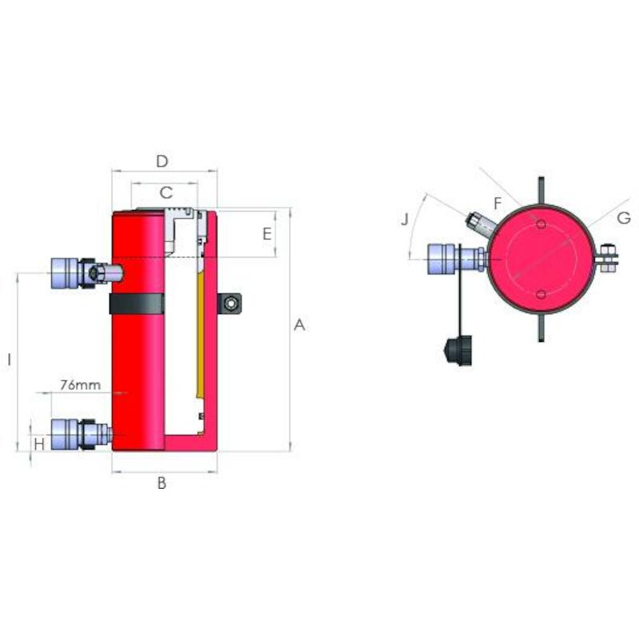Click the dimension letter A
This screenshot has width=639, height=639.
[300, 325]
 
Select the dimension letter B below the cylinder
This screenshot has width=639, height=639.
[162, 483]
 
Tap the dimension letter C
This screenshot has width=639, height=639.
[166, 192]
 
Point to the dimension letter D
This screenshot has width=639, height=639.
[162, 161]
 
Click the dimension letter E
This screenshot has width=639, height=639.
[267, 234]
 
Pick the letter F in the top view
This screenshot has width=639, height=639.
[498, 203]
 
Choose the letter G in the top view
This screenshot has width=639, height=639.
[624, 218]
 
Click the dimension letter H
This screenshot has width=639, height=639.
[39, 444]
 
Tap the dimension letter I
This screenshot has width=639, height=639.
[9, 359]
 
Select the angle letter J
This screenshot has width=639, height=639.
[405, 220]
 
